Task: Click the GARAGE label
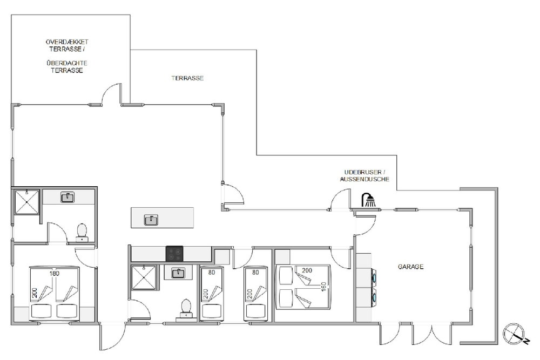click(410, 267)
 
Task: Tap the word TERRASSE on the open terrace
click(187, 78)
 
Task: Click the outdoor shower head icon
click(368, 200)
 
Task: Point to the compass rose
click(514, 334)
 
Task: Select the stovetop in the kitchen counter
click(174, 254)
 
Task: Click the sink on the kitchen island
click(151, 220)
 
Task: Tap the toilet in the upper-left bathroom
click(82, 233)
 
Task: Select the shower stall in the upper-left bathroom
click(26, 202)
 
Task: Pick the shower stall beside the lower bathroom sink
click(144, 277)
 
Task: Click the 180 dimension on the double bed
click(55, 273)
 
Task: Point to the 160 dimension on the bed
click(323, 287)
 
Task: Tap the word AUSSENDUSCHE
click(364, 179)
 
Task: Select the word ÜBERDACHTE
click(67, 63)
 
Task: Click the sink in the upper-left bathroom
click(67, 197)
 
